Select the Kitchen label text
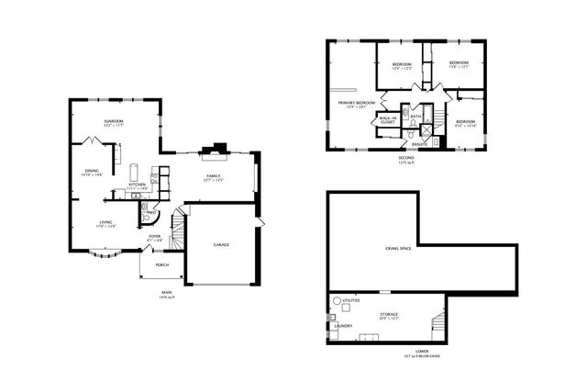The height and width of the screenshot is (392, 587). pos(137,185)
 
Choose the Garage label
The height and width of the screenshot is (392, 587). pos(221,244)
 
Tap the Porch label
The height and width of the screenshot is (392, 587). pos(161,264)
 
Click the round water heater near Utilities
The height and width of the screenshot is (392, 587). pos(337,301)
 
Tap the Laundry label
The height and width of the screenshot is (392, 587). pos(344,325)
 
